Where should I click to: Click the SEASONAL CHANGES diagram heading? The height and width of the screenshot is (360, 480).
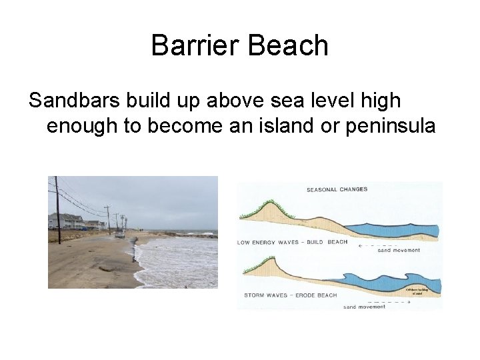(x=337, y=189)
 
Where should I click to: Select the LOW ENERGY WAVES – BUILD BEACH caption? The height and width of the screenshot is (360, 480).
(x=293, y=242)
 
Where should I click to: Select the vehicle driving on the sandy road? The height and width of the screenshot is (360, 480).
(x=120, y=234)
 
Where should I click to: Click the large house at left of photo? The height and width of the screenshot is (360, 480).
(x=65, y=221)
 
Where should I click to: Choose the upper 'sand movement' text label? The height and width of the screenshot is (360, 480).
(x=399, y=251)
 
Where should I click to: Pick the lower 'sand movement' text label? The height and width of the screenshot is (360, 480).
(x=364, y=307)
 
